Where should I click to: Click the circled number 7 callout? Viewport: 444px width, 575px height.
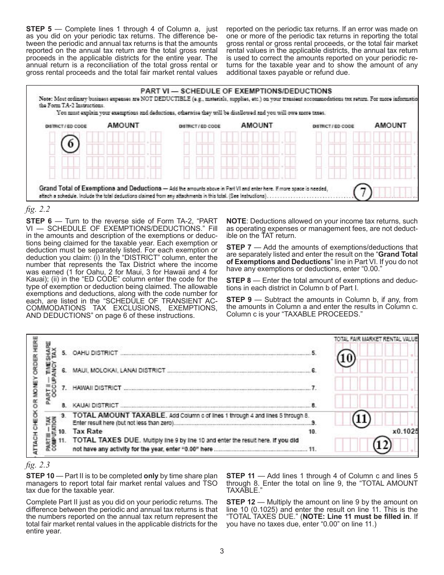(x=363, y=192)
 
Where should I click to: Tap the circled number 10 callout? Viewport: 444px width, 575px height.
(x=347, y=359)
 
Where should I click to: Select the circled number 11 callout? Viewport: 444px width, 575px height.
(x=360, y=418)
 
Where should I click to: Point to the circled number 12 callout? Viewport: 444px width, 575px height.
(x=383, y=446)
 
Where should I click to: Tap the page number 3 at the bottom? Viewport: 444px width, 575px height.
(x=222, y=551)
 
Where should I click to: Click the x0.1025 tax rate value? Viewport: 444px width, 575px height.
(x=405, y=431)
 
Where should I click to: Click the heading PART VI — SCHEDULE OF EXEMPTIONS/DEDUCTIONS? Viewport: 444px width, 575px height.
(x=236, y=91)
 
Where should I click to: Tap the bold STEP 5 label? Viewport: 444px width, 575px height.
(x=39, y=29)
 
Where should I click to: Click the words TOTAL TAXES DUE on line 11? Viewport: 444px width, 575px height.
(x=107, y=440)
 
